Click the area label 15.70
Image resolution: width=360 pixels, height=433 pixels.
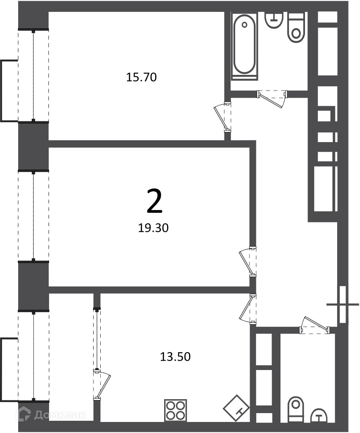pyautogui.click(x=141, y=77)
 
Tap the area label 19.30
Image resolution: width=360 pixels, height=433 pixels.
pyautogui.click(x=153, y=228)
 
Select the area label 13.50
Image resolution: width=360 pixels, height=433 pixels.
pyautogui.click(x=175, y=357)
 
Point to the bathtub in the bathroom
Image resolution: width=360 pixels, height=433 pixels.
pyautogui.click(x=244, y=47)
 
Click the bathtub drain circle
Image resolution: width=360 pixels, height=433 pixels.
pyautogui.click(x=244, y=25)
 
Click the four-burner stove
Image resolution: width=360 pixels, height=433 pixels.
pyautogui.click(x=175, y=411)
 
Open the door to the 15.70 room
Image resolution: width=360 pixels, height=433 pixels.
pyautogui.click(x=223, y=118)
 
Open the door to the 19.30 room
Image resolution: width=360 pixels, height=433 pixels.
pyautogui.click(x=247, y=261)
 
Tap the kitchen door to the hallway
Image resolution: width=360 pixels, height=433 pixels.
pyautogui.click(x=248, y=308)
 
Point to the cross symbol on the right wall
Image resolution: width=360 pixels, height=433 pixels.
pyautogui.click(x=343, y=304)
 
